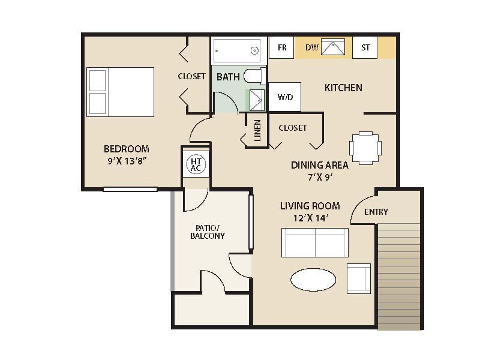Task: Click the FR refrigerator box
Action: point(281,47)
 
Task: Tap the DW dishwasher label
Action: point(311,47)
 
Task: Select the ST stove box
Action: point(365,47)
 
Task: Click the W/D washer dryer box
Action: point(284,97)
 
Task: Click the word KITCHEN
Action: point(343,88)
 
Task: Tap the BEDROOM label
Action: point(126,149)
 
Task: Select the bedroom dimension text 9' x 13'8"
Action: point(126,161)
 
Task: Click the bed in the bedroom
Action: point(120,92)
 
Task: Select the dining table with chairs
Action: point(365,148)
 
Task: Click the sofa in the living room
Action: point(314,242)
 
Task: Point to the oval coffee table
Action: point(313,279)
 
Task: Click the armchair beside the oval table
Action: point(359,278)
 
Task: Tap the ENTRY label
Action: point(376,212)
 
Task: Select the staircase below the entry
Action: point(398,276)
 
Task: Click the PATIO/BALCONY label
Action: point(207,232)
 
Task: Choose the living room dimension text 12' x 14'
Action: point(310,218)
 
